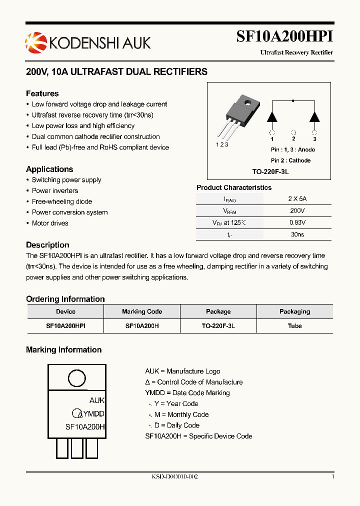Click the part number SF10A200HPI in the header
click(x=284, y=37)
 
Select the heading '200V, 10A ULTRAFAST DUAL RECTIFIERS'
click(x=116, y=72)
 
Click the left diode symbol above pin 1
click(x=272, y=117)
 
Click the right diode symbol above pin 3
click(x=314, y=117)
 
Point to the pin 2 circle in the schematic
click(x=293, y=132)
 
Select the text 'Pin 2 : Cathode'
click(x=290, y=160)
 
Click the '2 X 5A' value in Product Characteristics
click(x=297, y=198)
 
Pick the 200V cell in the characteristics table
click(x=297, y=211)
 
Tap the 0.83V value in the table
click(x=297, y=222)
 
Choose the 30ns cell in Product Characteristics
click(x=297, y=234)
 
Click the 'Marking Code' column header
click(x=142, y=311)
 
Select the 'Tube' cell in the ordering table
click(x=294, y=325)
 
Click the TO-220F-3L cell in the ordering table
click(x=218, y=325)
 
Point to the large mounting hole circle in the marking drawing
click(x=76, y=379)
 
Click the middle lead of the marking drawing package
click(x=77, y=448)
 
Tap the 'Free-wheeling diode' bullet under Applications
click(x=62, y=201)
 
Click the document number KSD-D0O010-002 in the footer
click(x=175, y=477)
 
